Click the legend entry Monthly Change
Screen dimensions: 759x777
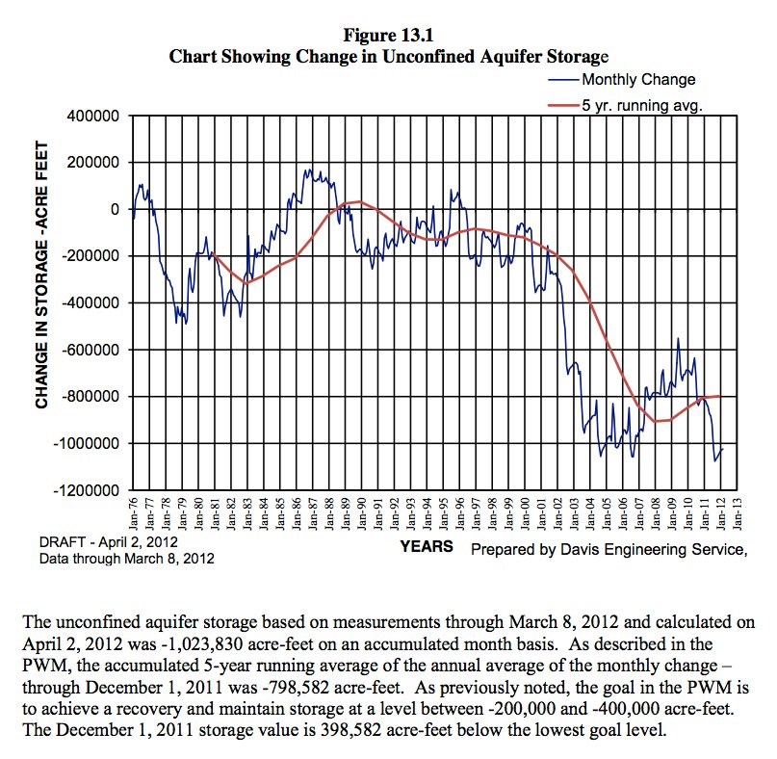click(637, 79)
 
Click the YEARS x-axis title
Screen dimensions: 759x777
click(426, 546)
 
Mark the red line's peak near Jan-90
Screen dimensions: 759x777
click(358, 201)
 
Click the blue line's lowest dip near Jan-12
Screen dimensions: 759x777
click(715, 460)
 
